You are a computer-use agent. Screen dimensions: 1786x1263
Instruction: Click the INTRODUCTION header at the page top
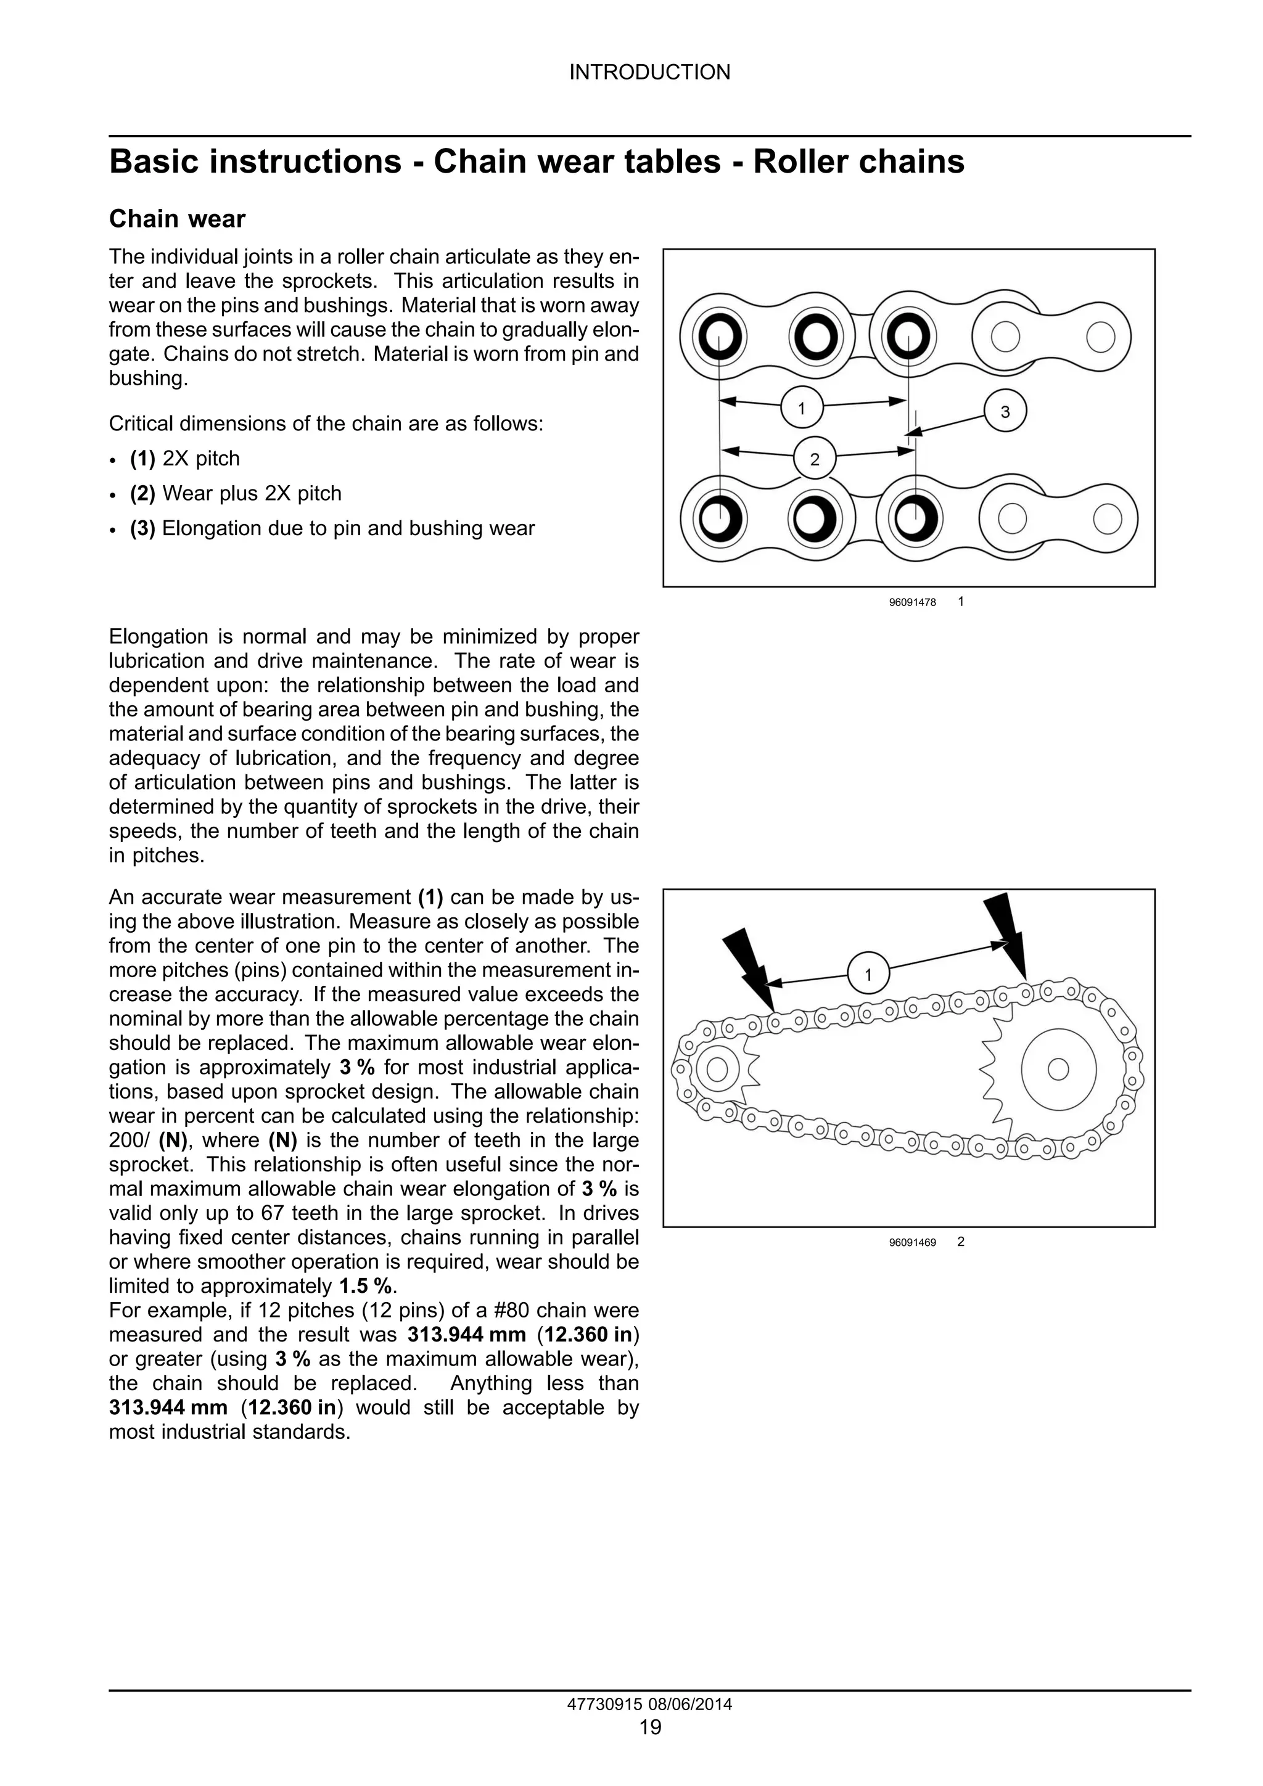click(650, 72)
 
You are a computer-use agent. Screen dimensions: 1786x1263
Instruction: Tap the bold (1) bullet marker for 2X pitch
click(142, 459)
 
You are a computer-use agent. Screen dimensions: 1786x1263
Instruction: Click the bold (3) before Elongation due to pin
click(142, 528)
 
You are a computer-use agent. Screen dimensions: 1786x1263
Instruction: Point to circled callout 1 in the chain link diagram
click(800, 407)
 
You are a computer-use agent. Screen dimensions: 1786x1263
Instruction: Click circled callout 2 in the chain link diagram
click(814, 459)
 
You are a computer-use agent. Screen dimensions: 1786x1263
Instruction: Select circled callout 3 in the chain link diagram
click(1005, 411)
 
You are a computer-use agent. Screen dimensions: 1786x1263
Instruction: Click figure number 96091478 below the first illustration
click(912, 603)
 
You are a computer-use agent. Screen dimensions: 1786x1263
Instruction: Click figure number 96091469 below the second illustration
click(912, 1243)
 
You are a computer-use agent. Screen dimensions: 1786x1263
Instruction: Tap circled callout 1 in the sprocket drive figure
click(868, 974)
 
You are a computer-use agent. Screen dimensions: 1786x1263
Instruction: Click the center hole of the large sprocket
click(1058, 1070)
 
